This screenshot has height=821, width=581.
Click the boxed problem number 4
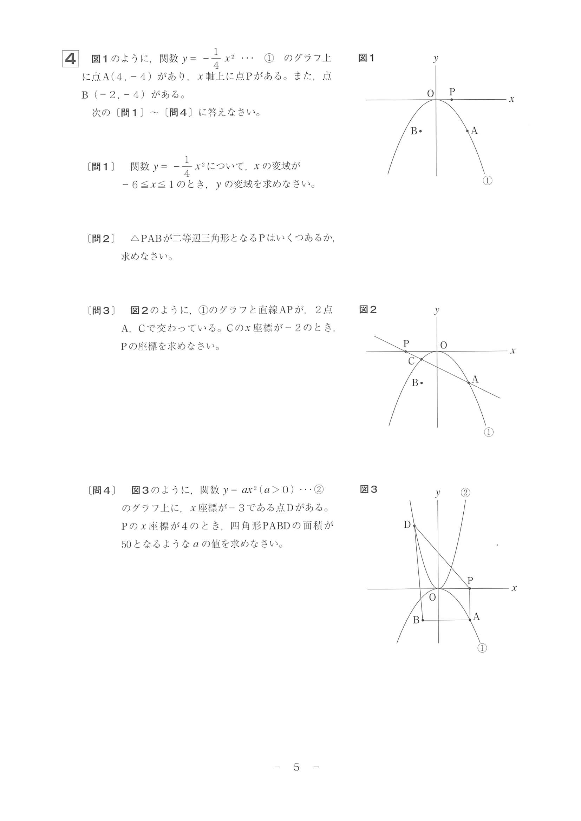point(70,59)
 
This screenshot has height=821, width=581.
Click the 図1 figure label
point(366,58)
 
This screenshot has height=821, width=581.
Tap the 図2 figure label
point(368,310)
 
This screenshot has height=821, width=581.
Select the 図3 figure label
point(368,489)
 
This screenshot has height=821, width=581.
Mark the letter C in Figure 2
point(411,361)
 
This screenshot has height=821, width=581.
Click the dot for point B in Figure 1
point(420,131)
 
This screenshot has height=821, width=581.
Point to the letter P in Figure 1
point(452,92)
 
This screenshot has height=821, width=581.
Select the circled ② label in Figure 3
point(465,493)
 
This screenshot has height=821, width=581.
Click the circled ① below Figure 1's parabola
point(488,181)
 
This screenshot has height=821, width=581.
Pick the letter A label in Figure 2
point(475,379)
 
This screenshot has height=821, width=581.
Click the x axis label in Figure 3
point(514,588)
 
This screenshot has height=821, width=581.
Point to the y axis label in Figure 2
point(437,310)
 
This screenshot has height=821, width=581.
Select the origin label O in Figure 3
point(432,598)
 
